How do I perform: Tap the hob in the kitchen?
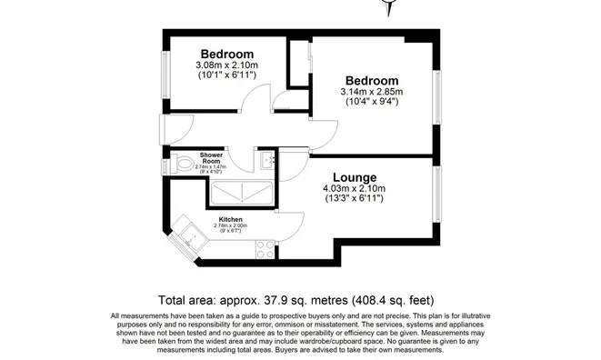pos(265,245)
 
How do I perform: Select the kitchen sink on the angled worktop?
pos(192,238)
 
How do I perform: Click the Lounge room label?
pos(354,176)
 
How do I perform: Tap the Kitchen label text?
pos(229,219)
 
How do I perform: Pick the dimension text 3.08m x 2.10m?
pos(227,65)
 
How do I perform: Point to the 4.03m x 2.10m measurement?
pos(354,189)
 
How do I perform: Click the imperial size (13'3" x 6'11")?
pos(354,200)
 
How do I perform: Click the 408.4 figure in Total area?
pos(376,299)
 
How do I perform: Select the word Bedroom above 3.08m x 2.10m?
pos(227,53)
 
